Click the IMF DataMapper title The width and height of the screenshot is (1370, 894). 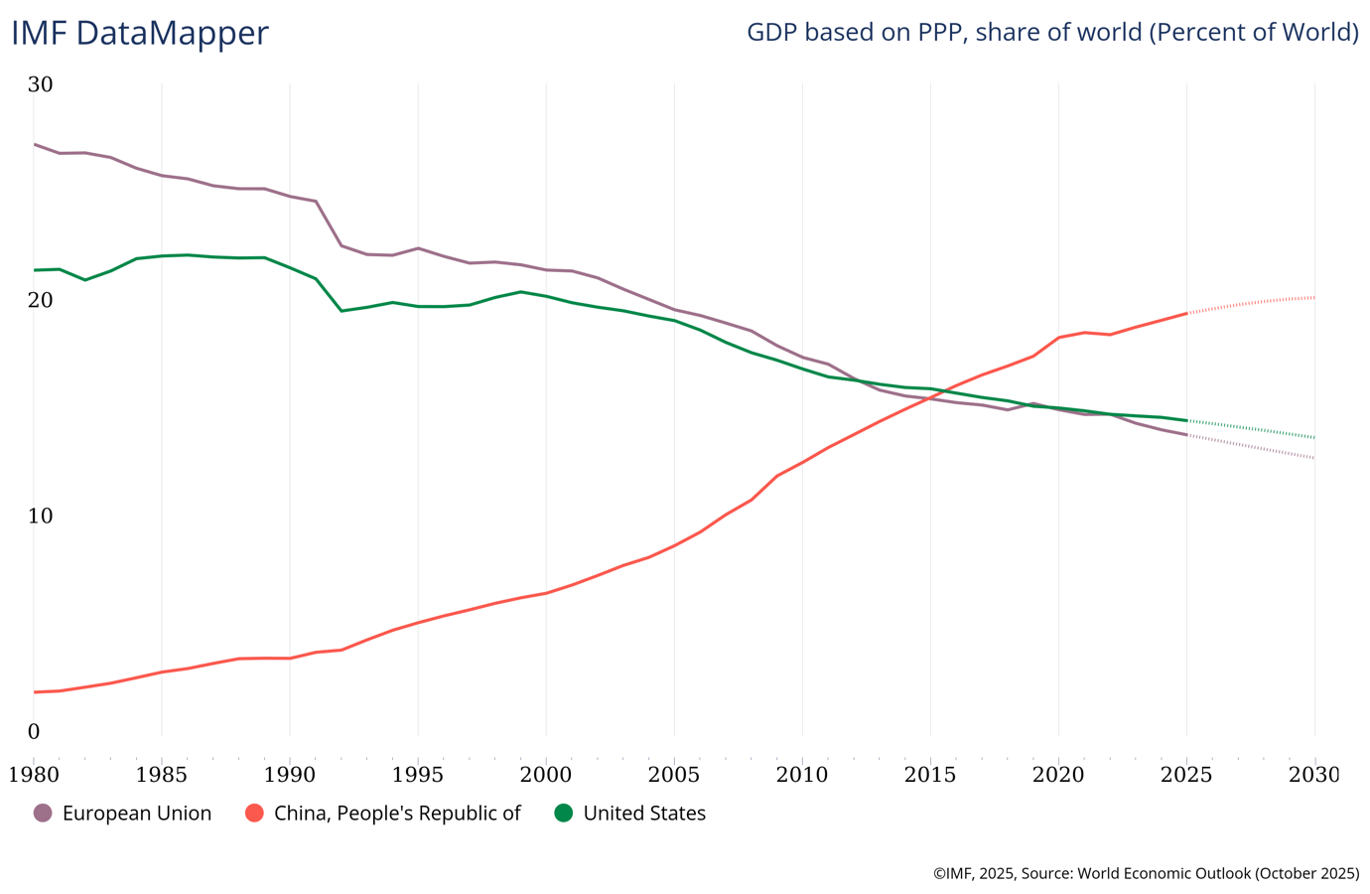click(140, 33)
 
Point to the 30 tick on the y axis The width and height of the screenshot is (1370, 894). click(40, 84)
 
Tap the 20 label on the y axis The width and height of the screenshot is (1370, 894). click(40, 300)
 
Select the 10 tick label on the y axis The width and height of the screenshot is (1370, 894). click(40, 516)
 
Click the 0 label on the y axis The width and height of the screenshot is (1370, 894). click(34, 732)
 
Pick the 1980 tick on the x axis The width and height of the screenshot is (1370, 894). click(34, 774)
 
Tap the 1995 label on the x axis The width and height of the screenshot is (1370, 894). click(418, 774)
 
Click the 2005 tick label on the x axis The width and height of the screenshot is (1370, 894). click(674, 774)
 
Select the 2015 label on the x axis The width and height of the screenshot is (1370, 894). click(930, 774)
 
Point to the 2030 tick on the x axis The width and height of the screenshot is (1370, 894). click(1314, 774)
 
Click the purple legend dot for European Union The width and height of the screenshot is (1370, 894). click(43, 813)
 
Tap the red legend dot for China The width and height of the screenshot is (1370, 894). click(254, 813)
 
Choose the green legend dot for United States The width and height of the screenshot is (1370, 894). click(563, 813)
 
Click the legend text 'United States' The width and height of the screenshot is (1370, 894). click(644, 813)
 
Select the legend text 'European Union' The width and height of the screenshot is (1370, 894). click(137, 813)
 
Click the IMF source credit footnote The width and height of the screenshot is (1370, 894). click(1146, 873)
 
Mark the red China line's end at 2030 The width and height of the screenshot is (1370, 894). click(1314, 297)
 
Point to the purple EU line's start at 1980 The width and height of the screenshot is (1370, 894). click(34, 144)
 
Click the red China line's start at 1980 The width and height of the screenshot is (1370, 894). click(34, 691)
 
